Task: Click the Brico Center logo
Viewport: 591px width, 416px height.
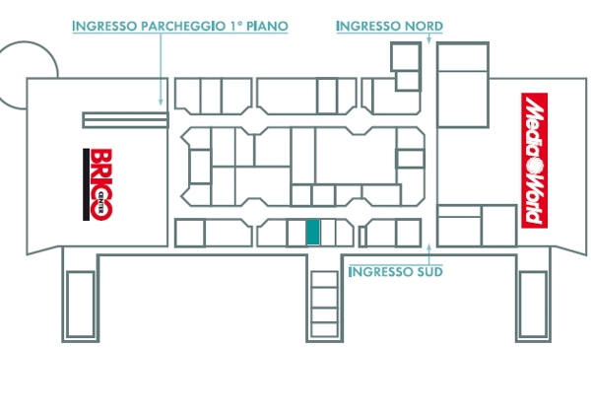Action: coord(98,184)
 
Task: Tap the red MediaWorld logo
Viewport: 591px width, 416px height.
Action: coord(535,161)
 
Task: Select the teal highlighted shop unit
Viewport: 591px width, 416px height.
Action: coord(313,232)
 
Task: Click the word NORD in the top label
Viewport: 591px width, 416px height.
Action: coord(424,26)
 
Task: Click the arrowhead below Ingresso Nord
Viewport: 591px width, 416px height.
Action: coord(428,40)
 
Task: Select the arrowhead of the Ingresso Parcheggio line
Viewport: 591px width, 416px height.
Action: coord(161,102)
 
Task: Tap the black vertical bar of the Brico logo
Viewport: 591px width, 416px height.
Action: coord(87,184)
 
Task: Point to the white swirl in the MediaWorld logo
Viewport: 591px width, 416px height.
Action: coord(535,166)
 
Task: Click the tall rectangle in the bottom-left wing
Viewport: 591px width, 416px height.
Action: coord(81,305)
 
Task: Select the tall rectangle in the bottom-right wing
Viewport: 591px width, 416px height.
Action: coord(533,305)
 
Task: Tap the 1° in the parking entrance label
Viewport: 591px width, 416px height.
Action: coord(235,26)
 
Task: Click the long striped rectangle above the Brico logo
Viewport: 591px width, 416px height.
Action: coord(125,120)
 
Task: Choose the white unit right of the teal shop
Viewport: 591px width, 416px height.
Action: coord(328,232)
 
